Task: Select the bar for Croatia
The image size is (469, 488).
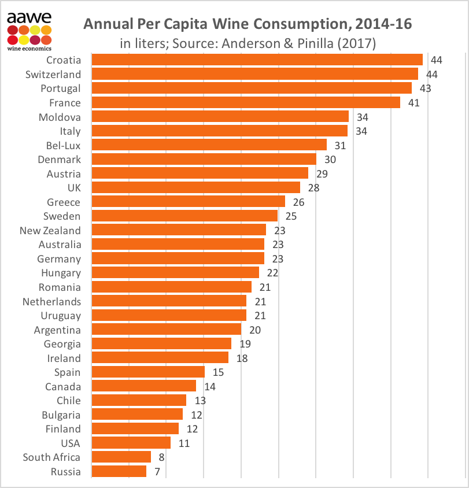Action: pyautogui.click(x=257, y=60)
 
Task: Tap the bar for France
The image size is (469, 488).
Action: pyautogui.click(x=246, y=102)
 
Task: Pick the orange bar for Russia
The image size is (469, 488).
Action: pyautogui.click(x=119, y=471)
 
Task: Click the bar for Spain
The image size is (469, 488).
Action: pyautogui.click(x=148, y=372)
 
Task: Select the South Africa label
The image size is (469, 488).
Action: pyautogui.click(x=51, y=457)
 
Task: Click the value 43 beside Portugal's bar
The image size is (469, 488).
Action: pyautogui.click(x=425, y=88)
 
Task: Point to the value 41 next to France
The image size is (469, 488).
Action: pyautogui.click(x=413, y=103)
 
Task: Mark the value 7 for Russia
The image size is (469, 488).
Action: pyautogui.click(x=157, y=472)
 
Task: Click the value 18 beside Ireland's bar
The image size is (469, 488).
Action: pyautogui.click(x=242, y=358)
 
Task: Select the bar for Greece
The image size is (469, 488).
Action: pyautogui.click(x=188, y=202)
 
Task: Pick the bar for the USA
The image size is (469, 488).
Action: pyautogui.click(x=131, y=443)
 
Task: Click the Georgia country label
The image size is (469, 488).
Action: pyautogui.click(x=61, y=344)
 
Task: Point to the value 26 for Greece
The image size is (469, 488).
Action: pyautogui.click(x=298, y=202)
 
